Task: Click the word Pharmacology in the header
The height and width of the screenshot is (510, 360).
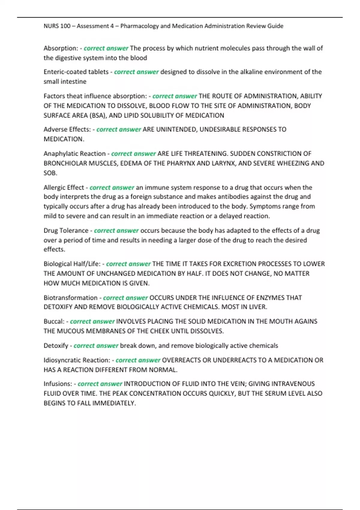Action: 139,26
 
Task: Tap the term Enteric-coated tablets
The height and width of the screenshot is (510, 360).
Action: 76,72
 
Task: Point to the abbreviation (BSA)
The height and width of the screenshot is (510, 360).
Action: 98,115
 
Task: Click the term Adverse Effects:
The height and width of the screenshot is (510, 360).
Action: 67,130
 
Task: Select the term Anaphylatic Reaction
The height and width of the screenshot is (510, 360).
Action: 74,154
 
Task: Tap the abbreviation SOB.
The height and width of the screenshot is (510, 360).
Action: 50,173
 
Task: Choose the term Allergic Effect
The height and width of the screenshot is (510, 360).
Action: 64,187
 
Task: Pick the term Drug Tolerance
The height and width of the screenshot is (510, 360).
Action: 66,231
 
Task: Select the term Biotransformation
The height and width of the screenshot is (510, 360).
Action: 70,298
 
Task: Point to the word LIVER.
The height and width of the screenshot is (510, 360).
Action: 257,307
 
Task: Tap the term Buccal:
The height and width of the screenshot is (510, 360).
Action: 54,322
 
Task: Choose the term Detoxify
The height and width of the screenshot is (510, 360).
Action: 56,346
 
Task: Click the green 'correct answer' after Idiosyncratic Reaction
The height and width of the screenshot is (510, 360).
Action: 138,360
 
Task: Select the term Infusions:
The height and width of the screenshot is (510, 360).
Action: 58,384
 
